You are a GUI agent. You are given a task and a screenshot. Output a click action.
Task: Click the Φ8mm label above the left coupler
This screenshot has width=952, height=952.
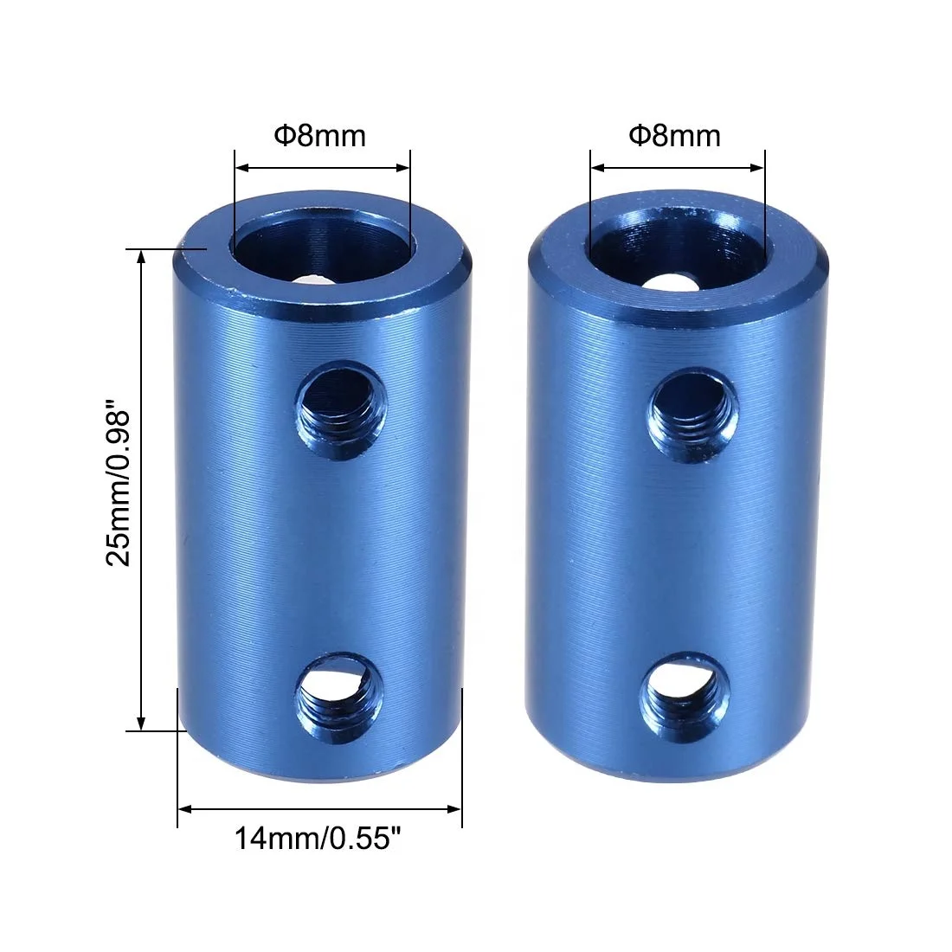tap(320, 136)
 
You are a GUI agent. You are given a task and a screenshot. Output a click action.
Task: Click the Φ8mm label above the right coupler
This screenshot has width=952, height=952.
tap(674, 136)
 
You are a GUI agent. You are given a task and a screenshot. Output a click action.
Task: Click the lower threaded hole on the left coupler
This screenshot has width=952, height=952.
tap(338, 696)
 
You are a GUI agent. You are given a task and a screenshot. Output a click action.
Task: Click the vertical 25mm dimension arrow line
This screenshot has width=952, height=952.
tap(141, 489)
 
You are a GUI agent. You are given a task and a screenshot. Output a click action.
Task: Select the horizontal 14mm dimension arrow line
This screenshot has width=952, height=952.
tap(319, 809)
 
